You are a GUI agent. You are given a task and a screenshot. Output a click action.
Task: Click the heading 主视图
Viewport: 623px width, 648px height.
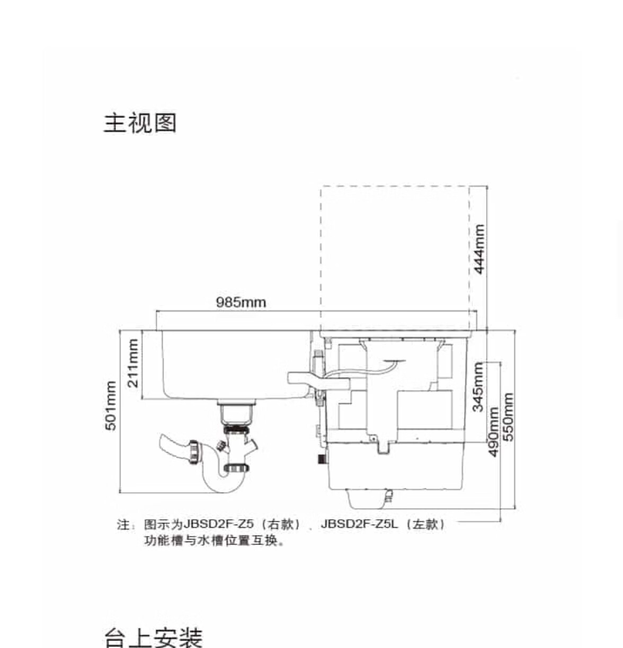click(x=140, y=123)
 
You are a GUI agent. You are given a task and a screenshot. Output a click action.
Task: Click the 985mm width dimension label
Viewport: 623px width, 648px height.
click(x=241, y=303)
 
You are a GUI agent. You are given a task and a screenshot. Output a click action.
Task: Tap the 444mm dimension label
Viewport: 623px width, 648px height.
click(x=479, y=249)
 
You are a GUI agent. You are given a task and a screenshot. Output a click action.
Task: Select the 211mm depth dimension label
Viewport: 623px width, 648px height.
click(x=133, y=363)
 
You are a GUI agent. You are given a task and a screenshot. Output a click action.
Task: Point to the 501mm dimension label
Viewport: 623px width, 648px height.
click(x=111, y=406)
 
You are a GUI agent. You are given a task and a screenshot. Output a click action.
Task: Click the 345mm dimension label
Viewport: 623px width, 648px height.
click(x=478, y=387)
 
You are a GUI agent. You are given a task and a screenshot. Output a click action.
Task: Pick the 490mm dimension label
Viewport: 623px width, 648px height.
click(x=493, y=431)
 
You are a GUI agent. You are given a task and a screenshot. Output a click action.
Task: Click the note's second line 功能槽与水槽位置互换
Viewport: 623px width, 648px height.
click(x=215, y=542)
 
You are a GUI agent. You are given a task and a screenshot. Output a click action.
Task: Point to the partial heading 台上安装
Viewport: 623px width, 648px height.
click(x=153, y=637)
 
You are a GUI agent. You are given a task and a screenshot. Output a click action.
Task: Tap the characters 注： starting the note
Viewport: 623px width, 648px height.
click(x=124, y=525)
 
